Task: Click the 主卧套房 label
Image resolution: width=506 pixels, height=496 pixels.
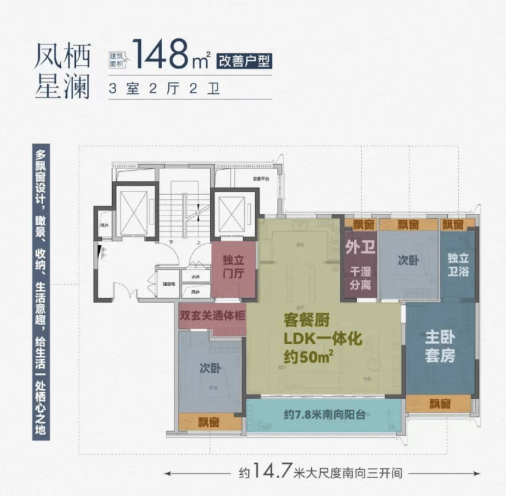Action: pos(440,348)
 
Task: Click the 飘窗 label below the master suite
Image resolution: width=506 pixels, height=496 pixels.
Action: pos(440,404)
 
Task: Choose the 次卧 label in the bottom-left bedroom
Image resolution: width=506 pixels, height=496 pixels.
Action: pos(210,368)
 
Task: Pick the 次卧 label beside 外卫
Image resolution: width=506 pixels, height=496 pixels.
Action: pos(408,260)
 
